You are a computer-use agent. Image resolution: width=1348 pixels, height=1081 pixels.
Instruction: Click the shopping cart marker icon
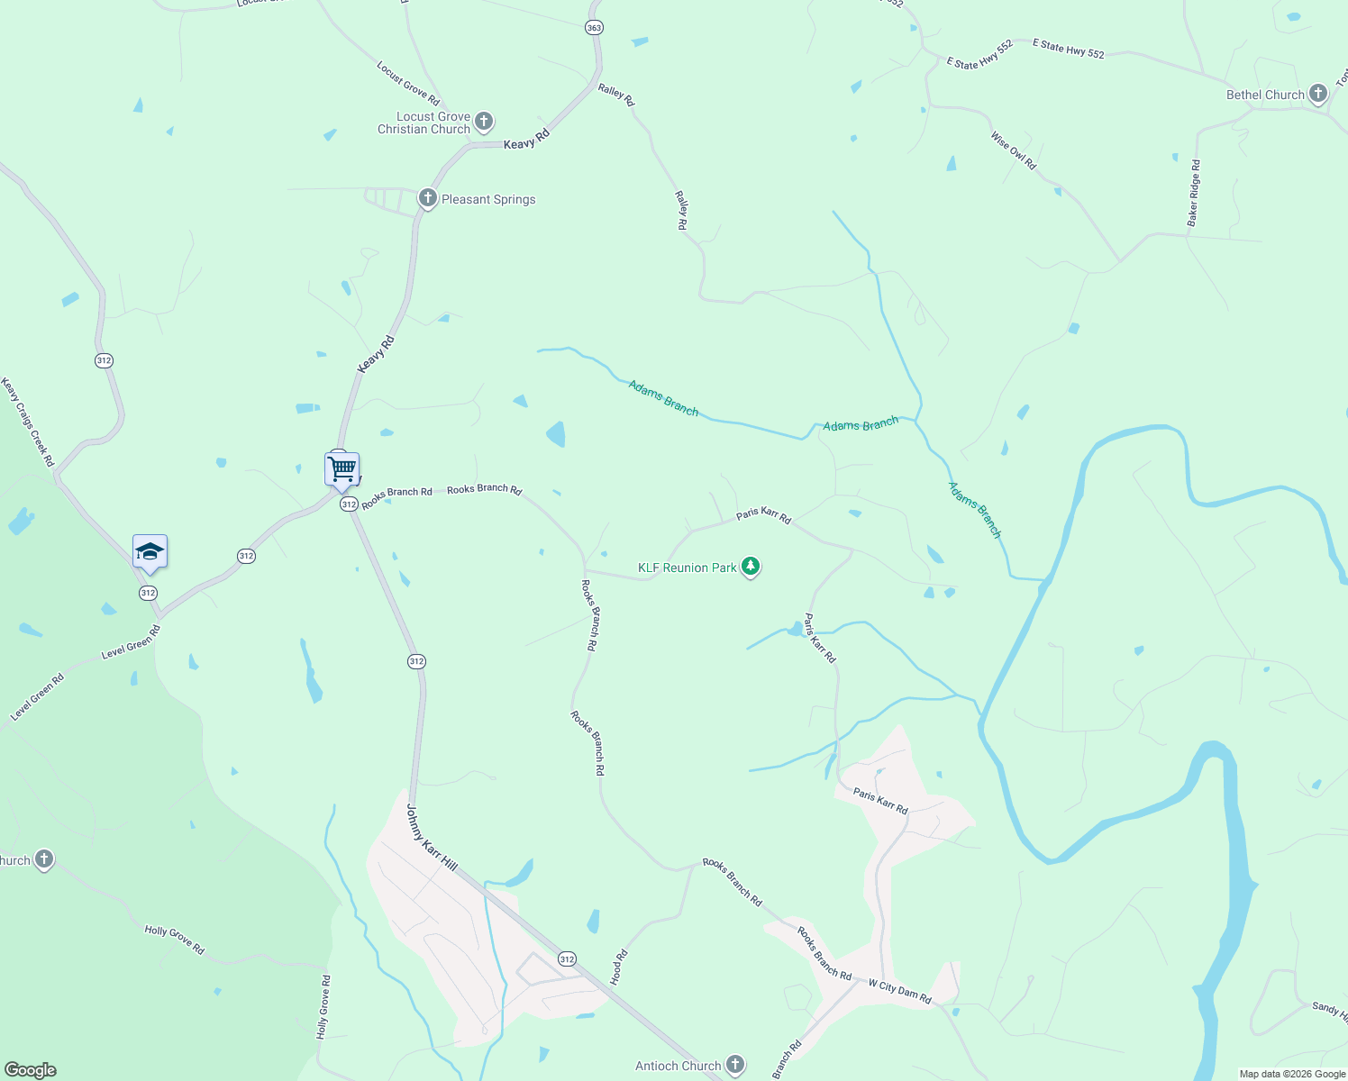tap(342, 468)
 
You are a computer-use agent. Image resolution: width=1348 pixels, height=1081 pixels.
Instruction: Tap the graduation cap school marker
tap(150, 551)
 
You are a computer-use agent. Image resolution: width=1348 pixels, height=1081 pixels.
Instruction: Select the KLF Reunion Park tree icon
tap(751, 568)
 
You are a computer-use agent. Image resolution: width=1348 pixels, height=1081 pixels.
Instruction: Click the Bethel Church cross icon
tap(1317, 94)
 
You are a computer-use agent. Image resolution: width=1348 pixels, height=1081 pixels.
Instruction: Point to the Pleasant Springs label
tap(488, 199)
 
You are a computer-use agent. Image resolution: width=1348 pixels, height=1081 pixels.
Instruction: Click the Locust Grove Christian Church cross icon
tap(484, 122)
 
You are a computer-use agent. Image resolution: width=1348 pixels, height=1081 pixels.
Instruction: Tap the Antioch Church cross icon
tap(735, 1066)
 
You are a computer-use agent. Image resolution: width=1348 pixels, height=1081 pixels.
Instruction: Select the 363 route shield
tap(594, 28)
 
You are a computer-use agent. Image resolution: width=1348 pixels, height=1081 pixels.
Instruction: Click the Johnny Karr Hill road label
tap(432, 838)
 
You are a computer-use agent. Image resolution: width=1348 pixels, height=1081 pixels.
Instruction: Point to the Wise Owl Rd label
tap(1014, 150)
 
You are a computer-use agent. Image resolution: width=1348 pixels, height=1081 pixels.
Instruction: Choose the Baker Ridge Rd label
tap(1194, 193)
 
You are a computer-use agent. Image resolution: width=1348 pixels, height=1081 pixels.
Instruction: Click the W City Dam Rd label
tap(899, 991)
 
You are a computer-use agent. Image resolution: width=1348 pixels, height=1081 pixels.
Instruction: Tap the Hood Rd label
tap(619, 966)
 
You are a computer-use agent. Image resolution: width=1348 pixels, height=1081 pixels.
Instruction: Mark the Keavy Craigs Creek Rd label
tap(28, 422)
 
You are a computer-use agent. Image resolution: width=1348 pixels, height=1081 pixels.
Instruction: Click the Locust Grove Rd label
tap(408, 83)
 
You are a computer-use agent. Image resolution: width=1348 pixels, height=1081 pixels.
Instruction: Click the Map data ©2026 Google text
tap(1292, 1074)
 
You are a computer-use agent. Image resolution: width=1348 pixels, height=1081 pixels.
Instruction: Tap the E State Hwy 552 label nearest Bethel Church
tap(1068, 49)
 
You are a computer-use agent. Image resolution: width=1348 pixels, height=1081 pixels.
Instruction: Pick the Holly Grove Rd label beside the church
tap(175, 939)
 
